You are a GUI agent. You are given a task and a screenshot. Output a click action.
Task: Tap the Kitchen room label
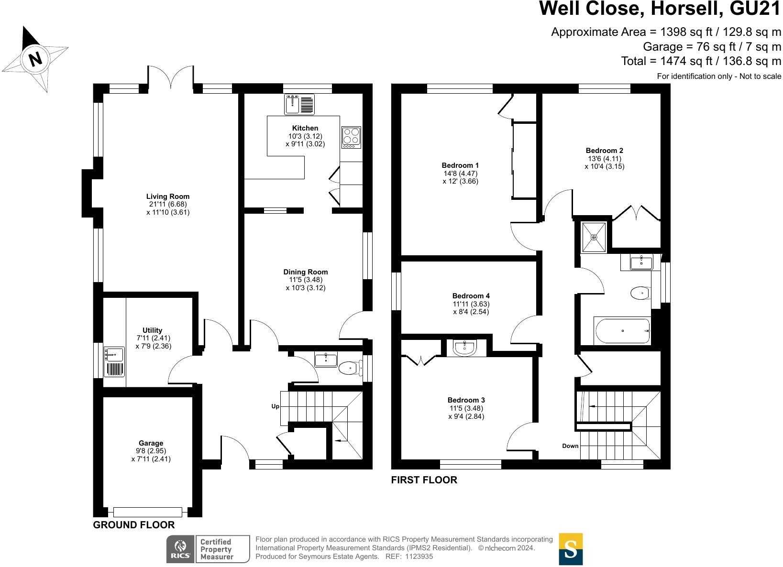305,128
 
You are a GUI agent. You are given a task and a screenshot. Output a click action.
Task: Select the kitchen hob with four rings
351,137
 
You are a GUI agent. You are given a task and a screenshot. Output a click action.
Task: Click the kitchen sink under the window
299,105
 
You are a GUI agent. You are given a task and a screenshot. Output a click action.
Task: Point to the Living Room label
168,196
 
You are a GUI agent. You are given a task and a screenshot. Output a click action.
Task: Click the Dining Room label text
306,272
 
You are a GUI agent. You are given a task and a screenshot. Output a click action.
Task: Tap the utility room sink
114,354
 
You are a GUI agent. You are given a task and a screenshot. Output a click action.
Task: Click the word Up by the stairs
276,406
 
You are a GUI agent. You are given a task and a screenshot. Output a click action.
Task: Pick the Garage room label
151,443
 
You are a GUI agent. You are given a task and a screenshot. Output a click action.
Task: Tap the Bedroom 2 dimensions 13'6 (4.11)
605,159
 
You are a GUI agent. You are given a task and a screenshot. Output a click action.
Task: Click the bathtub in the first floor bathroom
622,331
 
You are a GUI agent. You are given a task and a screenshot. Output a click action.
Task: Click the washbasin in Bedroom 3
464,348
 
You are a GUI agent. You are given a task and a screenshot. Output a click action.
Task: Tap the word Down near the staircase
570,446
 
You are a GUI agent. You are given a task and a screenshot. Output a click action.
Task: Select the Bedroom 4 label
471,296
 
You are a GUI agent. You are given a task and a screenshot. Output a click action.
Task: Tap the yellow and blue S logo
571,549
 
